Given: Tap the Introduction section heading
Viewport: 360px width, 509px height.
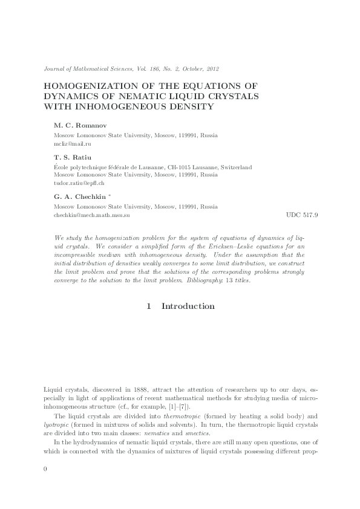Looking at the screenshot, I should coord(188,306).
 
